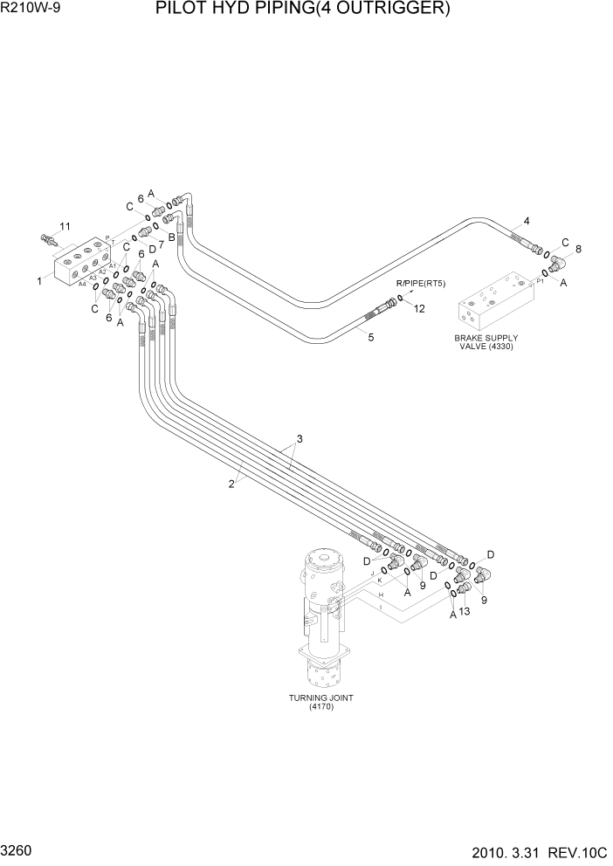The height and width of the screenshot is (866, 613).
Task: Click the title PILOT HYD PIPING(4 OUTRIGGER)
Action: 303,10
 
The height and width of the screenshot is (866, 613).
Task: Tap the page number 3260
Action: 18,848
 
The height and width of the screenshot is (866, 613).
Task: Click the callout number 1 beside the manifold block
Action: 40,281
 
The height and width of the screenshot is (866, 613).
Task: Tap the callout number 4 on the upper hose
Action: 527,220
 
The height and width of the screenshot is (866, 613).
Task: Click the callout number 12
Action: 419,308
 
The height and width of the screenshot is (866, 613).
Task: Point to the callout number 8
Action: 577,249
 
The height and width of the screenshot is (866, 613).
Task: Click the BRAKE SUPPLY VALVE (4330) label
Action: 486,341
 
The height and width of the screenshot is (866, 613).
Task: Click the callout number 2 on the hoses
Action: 231,485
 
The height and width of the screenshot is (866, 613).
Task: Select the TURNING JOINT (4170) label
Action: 321,702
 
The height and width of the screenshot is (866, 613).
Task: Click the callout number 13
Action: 465,612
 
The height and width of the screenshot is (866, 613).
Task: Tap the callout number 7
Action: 161,246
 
